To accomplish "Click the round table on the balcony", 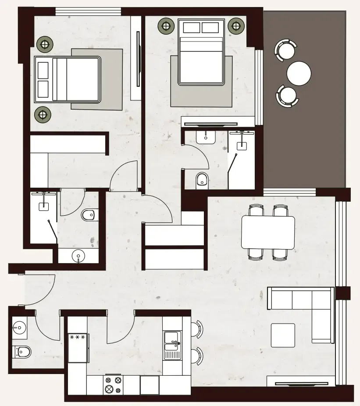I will [299, 73].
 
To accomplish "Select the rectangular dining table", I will [268, 232].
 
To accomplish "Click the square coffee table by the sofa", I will [283, 335].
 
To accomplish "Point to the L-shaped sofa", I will [307, 307].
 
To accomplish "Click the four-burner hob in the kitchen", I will [112, 385].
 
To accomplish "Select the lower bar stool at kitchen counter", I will [196, 356].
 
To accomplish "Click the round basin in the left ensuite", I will [78, 256].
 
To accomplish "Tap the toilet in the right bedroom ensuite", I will [202, 179].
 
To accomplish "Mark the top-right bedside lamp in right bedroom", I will [236, 26].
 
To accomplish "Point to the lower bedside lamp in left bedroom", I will [43, 115].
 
